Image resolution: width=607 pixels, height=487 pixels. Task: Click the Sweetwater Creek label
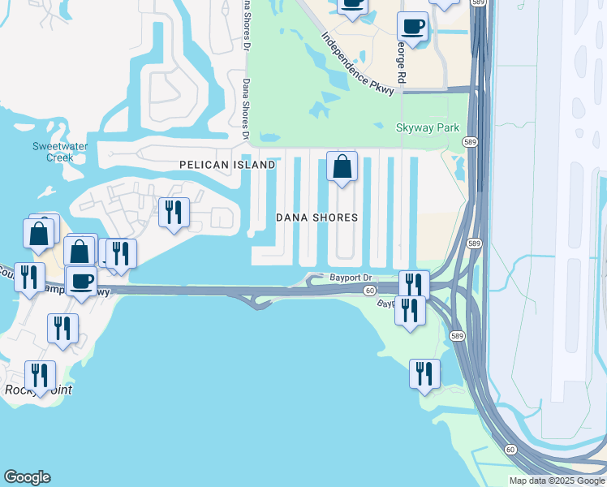[x=53, y=152]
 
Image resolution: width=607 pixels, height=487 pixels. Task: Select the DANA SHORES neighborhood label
[x=316, y=218]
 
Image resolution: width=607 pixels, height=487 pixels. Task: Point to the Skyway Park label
[x=427, y=127]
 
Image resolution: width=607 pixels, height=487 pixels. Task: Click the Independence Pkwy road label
[x=357, y=63]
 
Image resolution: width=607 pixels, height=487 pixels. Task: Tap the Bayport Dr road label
[x=350, y=277]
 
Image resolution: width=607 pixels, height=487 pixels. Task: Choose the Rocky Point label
[x=37, y=390]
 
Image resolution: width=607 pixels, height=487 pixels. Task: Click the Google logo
[x=27, y=477]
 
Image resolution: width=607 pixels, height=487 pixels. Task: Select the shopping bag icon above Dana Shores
[x=342, y=166]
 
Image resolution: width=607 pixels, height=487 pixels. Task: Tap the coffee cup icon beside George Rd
[x=412, y=27]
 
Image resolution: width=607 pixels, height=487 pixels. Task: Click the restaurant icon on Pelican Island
[x=174, y=213]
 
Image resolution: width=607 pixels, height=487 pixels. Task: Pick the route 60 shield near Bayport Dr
[x=369, y=291]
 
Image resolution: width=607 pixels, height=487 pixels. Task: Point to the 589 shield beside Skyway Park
[x=469, y=142]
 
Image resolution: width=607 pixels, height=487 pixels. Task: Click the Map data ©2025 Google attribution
[x=557, y=481]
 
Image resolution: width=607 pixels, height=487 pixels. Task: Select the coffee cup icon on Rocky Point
[x=81, y=281]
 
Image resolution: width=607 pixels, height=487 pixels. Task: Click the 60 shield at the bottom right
[x=510, y=449]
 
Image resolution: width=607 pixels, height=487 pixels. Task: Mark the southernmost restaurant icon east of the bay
[x=424, y=373]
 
